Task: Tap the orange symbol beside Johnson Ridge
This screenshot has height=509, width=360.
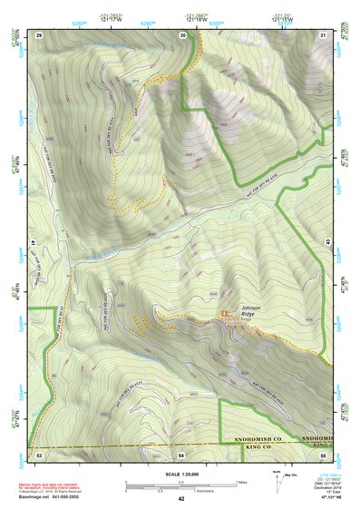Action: pos(225,313)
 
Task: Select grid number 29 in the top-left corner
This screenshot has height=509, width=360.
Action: pos(39,34)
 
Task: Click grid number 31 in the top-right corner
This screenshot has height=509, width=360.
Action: pos(323,34)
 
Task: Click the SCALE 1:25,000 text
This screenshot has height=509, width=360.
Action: pos(180,474)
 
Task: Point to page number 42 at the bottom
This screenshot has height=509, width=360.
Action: pos(180,498)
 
